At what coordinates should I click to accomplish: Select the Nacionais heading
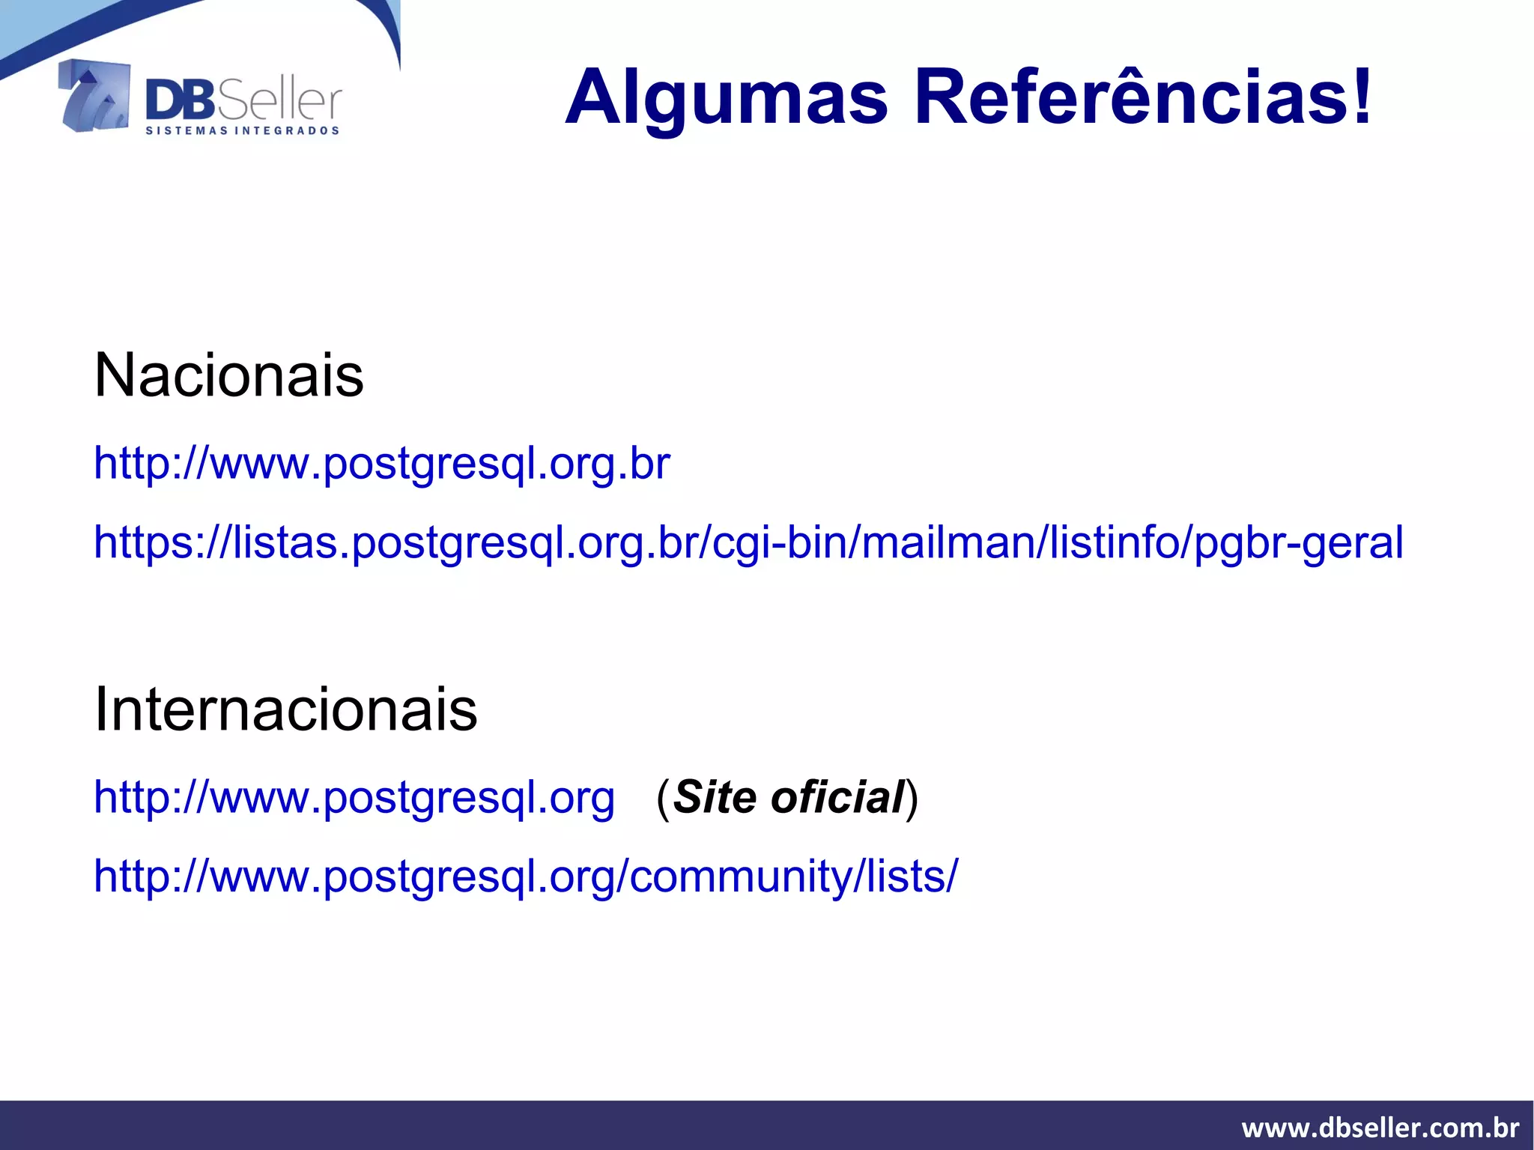(228, 375)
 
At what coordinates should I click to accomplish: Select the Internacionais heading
(285, 709)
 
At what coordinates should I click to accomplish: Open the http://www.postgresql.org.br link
(381, 464)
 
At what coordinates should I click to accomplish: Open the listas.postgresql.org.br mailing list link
(748, 542)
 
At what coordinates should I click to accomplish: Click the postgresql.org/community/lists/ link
(525, 876)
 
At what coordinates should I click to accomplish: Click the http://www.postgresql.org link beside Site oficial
(354, 797)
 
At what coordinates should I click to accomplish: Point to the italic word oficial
(837, 796)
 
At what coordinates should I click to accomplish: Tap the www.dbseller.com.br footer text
(1380, 1128)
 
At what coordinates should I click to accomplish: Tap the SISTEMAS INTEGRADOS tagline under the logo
(242, 131)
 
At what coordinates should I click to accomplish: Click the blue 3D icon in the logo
(94, 96)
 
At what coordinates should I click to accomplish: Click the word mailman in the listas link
(947, 542)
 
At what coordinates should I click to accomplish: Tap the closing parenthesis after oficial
(912, 797)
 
